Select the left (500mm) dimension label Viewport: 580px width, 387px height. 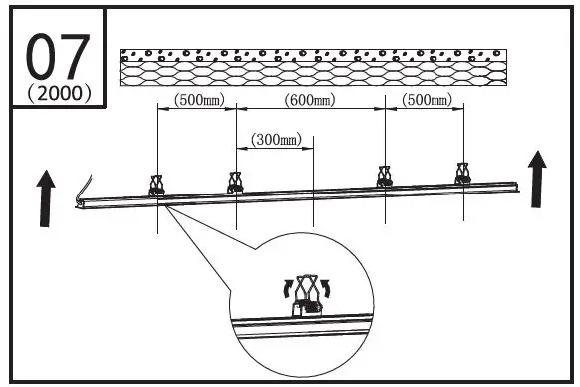tap(197, 100)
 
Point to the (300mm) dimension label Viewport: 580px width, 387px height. tap(276, 140)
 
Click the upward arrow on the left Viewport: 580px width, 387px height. tap(46, 198)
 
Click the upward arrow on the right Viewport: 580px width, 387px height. tap(536, 180)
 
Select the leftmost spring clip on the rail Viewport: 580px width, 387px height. tap(157, 185)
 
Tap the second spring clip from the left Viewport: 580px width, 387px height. tap(236, 181)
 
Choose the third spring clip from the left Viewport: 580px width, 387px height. tap(385, 176)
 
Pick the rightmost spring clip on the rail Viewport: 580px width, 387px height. tap(462, 173)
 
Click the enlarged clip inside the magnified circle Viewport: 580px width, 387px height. tap(307, 297)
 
